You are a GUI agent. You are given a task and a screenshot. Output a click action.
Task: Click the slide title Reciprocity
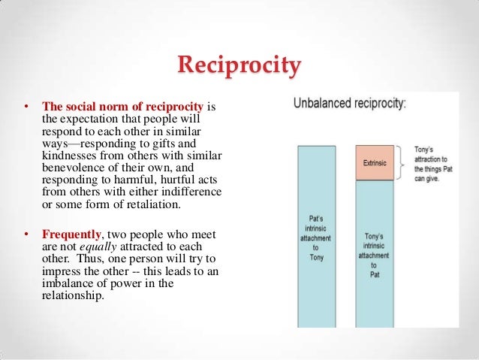click(239, 66)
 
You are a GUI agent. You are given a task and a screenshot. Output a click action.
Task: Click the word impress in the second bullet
click(62, 271)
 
